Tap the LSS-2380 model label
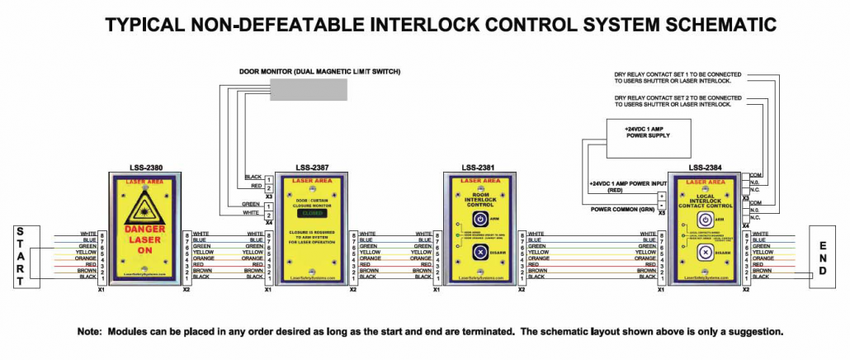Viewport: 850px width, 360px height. pyautogui.click(x=144, y=167)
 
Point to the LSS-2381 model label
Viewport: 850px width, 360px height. pyautogui.click(x=478, y=167)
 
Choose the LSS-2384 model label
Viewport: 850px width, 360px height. pyautogui.click(x=706, y=167)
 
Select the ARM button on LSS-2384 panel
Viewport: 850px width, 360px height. pyautogui.click(x=705, y=220)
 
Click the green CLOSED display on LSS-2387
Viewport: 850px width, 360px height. pyautogui.click(x=312, y=211)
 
